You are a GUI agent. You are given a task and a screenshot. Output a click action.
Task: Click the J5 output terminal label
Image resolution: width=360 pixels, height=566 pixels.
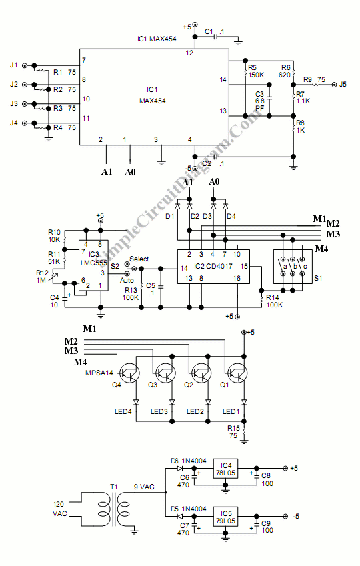point(343,84)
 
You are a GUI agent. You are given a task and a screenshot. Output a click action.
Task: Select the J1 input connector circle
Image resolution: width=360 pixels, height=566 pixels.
point(25,66)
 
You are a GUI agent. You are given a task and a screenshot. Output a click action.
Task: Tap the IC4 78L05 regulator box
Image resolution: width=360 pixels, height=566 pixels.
point(226,469)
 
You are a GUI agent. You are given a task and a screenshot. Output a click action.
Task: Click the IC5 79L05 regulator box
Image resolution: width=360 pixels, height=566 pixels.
point(226,517)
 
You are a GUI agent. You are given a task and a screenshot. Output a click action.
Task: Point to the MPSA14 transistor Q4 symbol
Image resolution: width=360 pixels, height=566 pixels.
point(129,373)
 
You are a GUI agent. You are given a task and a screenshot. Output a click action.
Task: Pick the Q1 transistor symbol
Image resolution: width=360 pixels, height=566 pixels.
point(237,373)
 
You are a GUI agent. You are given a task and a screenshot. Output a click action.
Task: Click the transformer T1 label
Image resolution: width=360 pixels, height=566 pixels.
point(114,487)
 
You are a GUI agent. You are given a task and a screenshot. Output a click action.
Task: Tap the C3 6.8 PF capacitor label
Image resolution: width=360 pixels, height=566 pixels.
point(260,101)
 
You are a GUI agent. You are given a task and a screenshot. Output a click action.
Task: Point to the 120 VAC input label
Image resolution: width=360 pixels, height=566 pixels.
point(59,509)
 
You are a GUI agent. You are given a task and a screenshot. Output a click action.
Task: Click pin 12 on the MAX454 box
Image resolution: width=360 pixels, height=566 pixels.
point(189,53)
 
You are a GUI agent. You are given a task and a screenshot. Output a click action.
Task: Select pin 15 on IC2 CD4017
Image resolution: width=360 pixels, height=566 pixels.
point(244,266)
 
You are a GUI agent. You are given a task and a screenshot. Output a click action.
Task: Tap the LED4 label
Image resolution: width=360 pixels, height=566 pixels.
point(123,411)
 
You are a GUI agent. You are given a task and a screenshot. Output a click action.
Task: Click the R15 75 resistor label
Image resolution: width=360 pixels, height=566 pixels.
point(233,432)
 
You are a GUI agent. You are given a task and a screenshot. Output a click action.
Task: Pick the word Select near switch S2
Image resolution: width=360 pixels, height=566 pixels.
point(139,259)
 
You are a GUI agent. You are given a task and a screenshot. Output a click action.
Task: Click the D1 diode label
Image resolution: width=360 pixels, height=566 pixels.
point(170,216)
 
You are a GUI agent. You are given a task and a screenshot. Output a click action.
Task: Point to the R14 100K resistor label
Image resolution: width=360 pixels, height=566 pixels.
point(275,301)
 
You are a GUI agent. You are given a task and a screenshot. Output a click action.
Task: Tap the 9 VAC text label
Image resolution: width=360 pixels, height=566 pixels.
point(144,487)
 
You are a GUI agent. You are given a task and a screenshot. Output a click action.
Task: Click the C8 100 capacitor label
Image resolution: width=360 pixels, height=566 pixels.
point(267,479)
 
